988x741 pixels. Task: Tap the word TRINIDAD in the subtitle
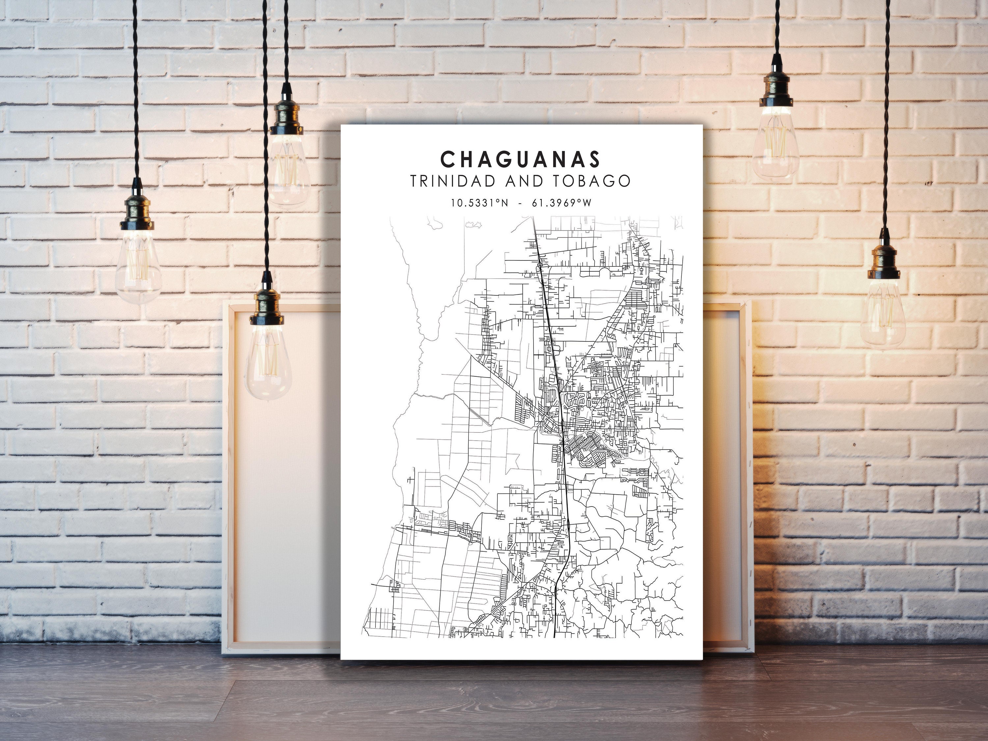[x=449, y=181]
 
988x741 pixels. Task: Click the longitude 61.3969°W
[x=562, y=203]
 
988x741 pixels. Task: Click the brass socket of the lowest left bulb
[x=267, y=308]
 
